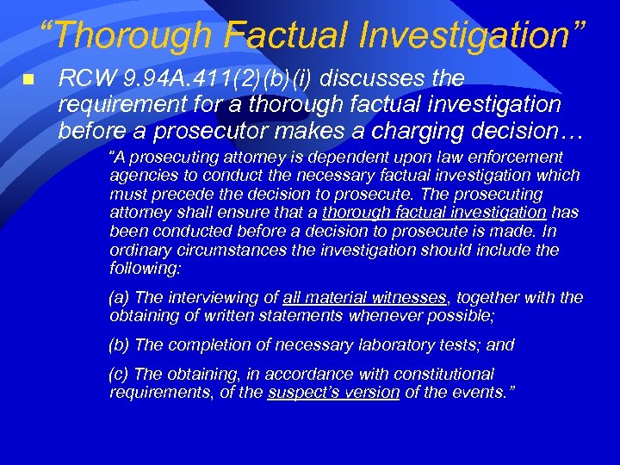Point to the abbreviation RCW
[x=83, y=79]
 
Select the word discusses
[x=384, y=79]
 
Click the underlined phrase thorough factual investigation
[x=434, y=213]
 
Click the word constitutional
[x=440, y=375]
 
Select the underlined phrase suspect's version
[x=333, y=393]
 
